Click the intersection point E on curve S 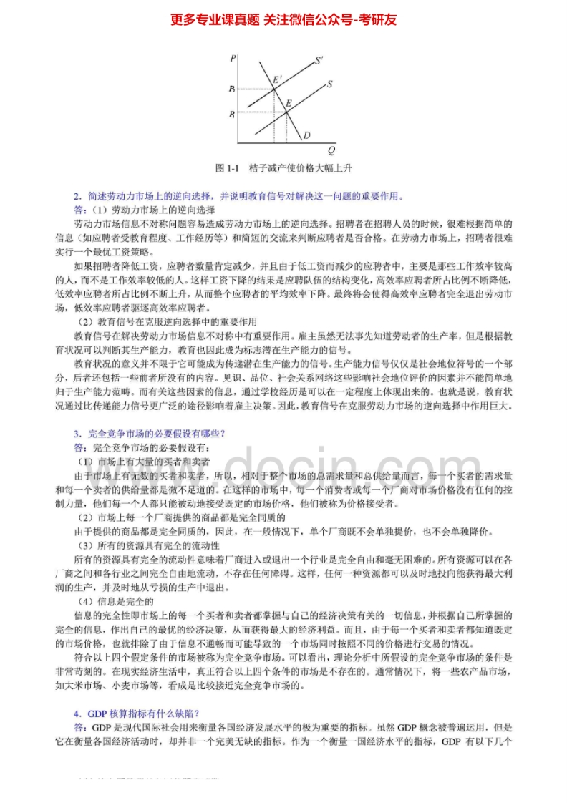285,112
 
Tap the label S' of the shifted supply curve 319,59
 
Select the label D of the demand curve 306,135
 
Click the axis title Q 331,151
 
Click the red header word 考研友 379,19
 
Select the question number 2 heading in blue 76,195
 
